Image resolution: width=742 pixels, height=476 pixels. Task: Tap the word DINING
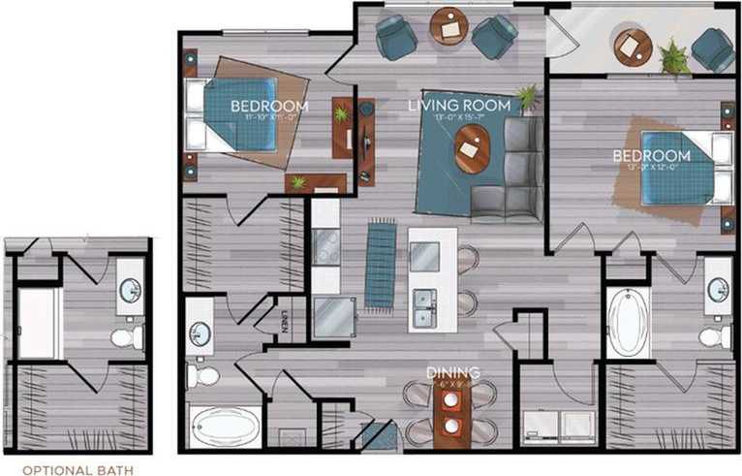tap(453, 371)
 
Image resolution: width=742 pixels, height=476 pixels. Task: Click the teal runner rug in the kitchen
tap(380, 264)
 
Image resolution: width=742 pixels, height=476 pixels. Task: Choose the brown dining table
tap(450, 412)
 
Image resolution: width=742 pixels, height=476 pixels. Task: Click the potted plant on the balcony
tap(672, 56)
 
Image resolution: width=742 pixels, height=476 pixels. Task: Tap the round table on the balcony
tap(633, 47)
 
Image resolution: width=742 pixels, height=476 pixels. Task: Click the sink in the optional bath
tap(129, 288)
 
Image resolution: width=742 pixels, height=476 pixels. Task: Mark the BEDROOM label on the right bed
tap(651, 155)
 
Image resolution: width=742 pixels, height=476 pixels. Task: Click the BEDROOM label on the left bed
tap(269, 106)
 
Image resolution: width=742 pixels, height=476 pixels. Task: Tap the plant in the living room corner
tap(528, 97)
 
